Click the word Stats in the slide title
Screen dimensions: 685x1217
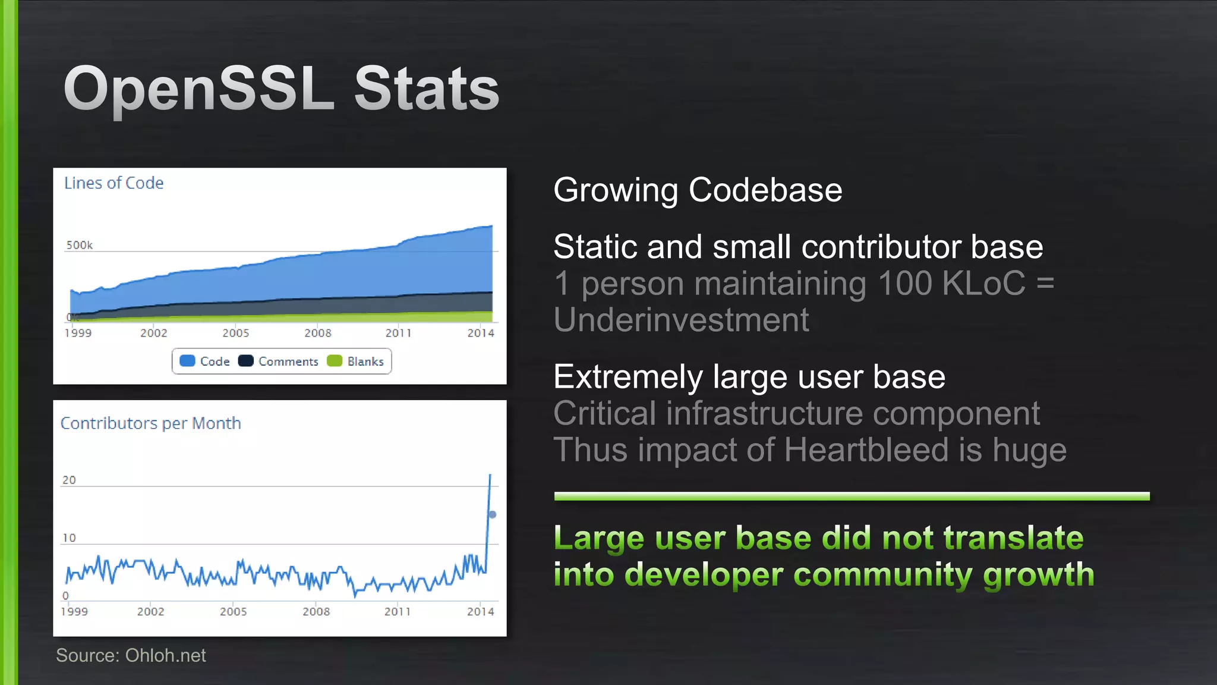pyautogui.click(x=426, y=89)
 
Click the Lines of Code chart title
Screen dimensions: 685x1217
pyautogui.click(x=113, y=183)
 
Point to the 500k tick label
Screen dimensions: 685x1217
pyautogui.click(x=79, y=245)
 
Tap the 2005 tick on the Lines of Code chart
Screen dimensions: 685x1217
pyautogui.click(x=235, y=333)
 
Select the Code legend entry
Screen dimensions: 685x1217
pyautogui.click(x=205, y=362)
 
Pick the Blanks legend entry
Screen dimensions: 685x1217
pyautogui.click(x=355, y=362)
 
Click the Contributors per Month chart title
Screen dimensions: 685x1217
pyautogui.click(x=150, y=423)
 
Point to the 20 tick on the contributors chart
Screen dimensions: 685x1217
pyautogui.click(x=69, y=480)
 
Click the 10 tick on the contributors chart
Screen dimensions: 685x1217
pyautogui.click(x=69, y=538)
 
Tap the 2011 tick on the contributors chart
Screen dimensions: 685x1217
pyautogui.click(x=397, y=611)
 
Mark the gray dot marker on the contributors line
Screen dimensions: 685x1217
pyautogui.click(x=492, y=514)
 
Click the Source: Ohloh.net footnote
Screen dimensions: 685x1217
pyautogui.click(x=131, y=655)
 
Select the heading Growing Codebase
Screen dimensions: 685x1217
pyautogui.click(x=697, y=190)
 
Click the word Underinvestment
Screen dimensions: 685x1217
pyautogui.click(x=681, y=320)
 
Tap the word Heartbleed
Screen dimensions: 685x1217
pyautogui.click(x=865, y=450)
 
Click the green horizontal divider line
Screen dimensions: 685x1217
pyautogui.click(x=851, y=497)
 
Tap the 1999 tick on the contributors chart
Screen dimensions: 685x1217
pyautogui.click(x=74, y=611)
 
